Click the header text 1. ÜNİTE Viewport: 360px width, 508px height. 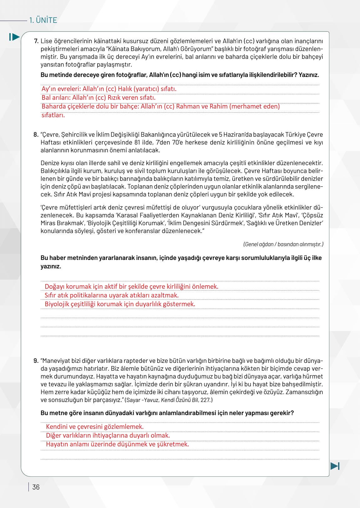tap(43, 20)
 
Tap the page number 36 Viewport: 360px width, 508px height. tap(36, 487)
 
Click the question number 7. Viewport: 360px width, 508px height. tap(36, 41)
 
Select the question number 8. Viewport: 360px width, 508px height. tap(36, 135)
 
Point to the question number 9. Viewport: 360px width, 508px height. tap(36, 361)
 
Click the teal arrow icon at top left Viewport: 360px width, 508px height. tap(14, 37)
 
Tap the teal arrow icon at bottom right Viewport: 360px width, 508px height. tap(335, 466)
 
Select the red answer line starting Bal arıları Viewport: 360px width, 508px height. tap(99, 98)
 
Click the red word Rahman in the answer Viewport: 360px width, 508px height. tap(188, 106)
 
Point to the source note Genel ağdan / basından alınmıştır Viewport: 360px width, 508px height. tap(283, 244)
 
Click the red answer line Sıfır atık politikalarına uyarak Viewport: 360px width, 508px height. tap(112, 295)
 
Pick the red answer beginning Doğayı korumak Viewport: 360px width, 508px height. tap(131, 287)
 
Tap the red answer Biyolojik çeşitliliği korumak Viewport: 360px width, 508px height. tap(120, 304)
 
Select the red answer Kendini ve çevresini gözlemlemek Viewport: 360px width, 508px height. tap(95, 427)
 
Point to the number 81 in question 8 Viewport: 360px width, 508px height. tap(138, 143)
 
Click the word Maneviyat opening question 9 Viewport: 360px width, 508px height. tap(56, 361)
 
